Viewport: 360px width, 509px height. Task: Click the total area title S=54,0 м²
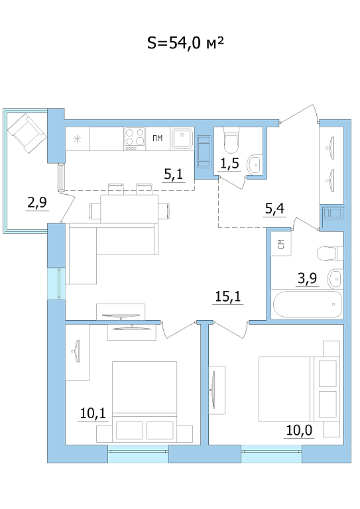(x=186, y=43)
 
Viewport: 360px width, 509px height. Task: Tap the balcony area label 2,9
(x=37, y=202)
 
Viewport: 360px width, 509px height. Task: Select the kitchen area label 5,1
(x=173, y=174)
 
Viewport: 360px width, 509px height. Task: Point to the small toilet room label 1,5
(x=230, y=164)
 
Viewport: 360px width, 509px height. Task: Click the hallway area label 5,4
(x=274, y=208)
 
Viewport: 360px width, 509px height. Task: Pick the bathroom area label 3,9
(x=307, y=278)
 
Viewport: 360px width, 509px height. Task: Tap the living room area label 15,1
(x=228, y=296)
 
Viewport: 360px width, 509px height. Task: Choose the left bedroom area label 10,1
(x=93, y=414)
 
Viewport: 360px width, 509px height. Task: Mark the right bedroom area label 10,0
(x=299, y=430)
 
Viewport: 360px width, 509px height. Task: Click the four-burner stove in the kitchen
(x=135, y=139)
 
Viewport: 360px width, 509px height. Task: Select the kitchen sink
(x=182, y=139)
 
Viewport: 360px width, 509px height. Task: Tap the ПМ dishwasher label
(x=157, y=139)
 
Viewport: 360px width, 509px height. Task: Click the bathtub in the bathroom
(x=307, y=304)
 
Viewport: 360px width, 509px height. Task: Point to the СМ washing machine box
(x=281, y=244)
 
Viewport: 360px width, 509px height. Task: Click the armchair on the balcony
(x=26, y=133)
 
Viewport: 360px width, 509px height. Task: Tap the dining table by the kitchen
(x=129, y=209)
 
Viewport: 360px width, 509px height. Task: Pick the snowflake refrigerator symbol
(x=77, y=139)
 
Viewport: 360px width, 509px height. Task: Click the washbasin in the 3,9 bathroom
(x=335, y=278)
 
